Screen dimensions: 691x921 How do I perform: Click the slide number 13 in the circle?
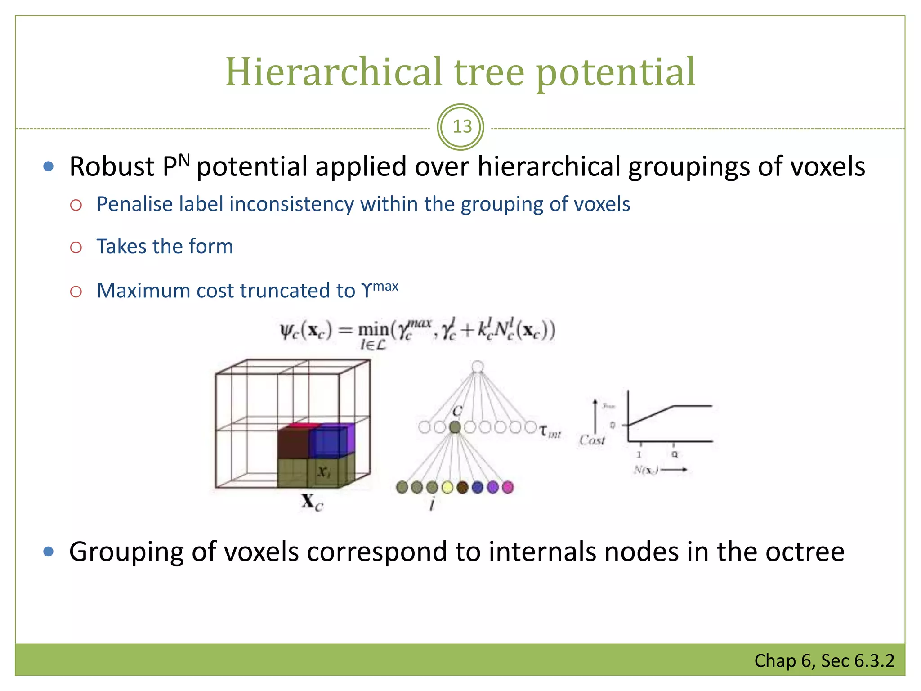[462, 127]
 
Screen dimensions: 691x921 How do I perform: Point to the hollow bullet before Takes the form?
[76, 247]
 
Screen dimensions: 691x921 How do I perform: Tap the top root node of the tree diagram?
[478, 367]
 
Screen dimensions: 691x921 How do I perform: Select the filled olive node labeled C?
[455, 427]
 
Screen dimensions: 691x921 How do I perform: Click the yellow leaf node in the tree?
[447, 487]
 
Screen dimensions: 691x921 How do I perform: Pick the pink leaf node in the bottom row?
[508, 487]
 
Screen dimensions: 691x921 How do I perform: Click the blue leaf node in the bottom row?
[478, 487]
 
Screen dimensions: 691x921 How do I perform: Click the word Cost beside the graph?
[592, 440]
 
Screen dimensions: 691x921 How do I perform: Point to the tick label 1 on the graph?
[639, 455]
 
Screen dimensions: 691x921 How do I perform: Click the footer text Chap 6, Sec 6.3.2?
[824, 661]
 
